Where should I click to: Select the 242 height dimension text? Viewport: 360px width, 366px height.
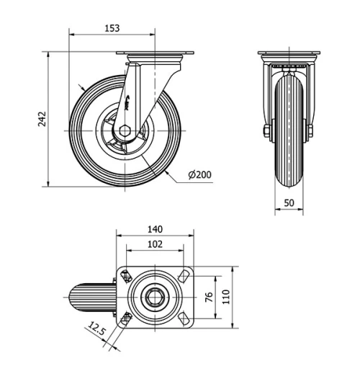pos(42,120)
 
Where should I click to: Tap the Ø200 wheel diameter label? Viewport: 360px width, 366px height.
pos(199,175)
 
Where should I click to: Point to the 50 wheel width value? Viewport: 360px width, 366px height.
pos(288,203)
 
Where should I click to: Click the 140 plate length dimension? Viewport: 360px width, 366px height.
pos(154,230)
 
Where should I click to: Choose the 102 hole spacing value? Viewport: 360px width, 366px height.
pos(154,244)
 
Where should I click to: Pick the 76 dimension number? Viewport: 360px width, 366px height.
pos(209,297)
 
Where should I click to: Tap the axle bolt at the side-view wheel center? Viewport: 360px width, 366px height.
pos(124,130)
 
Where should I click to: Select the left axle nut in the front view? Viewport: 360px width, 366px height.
pos(266,131)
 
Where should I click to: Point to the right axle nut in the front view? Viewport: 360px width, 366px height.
pos(311,131)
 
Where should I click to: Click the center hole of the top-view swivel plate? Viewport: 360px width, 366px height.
pos(155,297)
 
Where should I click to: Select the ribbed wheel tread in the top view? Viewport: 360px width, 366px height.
pos(91,297)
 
